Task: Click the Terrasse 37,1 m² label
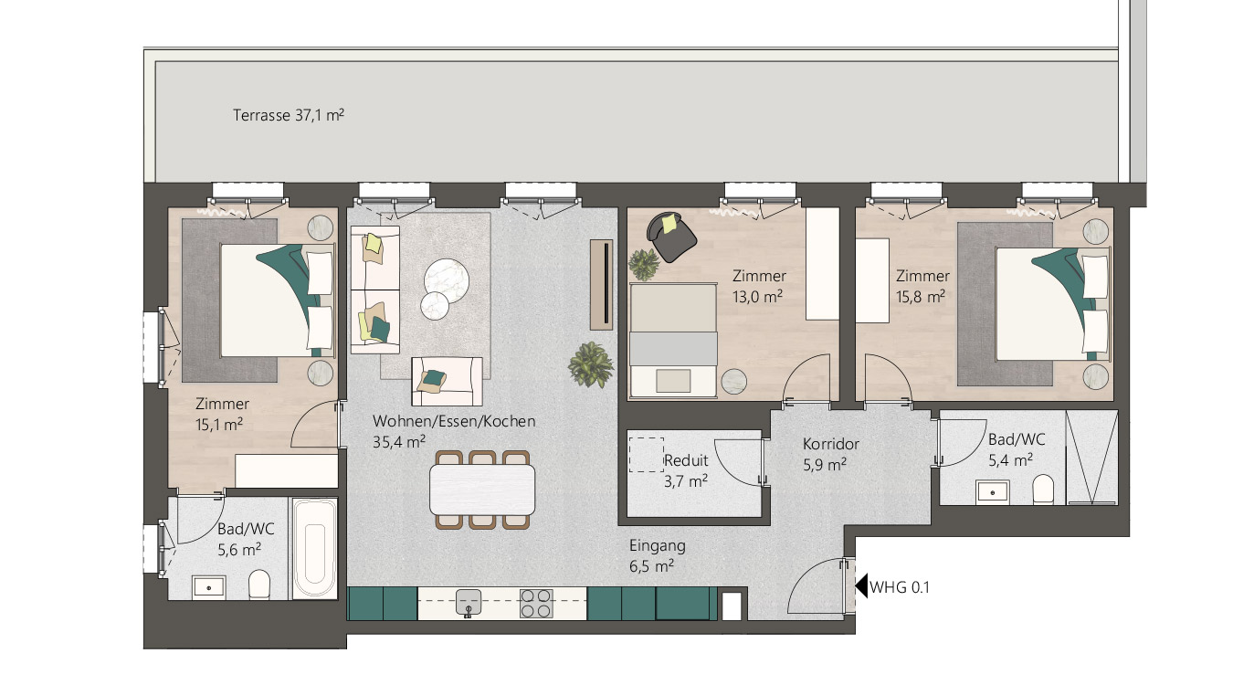point(289,115)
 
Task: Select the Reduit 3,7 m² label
point(687,470)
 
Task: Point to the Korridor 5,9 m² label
point(830,454)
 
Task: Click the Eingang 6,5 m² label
point(658,556)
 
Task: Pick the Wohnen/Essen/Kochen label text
point(454,421)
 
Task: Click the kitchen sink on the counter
point(469,603)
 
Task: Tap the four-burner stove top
point(536,603)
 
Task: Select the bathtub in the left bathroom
point(314,548)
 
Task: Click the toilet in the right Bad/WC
point(1043,490)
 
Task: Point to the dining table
point(482,490)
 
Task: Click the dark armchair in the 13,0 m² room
point(671,237)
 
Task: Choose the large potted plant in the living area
point(591,364)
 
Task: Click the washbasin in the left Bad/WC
point(208,587)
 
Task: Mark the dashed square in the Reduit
point(647,455)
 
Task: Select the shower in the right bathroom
point(1092,457)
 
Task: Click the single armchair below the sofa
point(447,381)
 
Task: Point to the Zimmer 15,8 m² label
point(922,287)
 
